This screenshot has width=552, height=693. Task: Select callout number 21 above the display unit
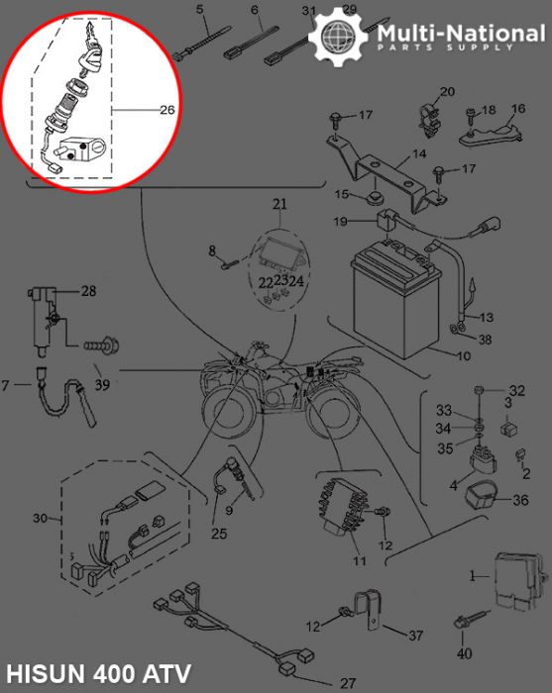coord(279,205)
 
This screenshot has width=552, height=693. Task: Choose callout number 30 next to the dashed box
coord(41,518)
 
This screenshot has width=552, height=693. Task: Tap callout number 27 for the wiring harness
coord(347,683)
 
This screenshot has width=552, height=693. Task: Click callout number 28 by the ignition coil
coord(89,291)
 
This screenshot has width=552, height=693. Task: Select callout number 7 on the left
coord(7,384)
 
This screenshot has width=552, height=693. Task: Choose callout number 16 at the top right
coord(517,109)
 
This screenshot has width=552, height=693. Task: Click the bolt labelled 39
coord(99,347)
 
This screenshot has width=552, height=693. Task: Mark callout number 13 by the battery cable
coord(485,318)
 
